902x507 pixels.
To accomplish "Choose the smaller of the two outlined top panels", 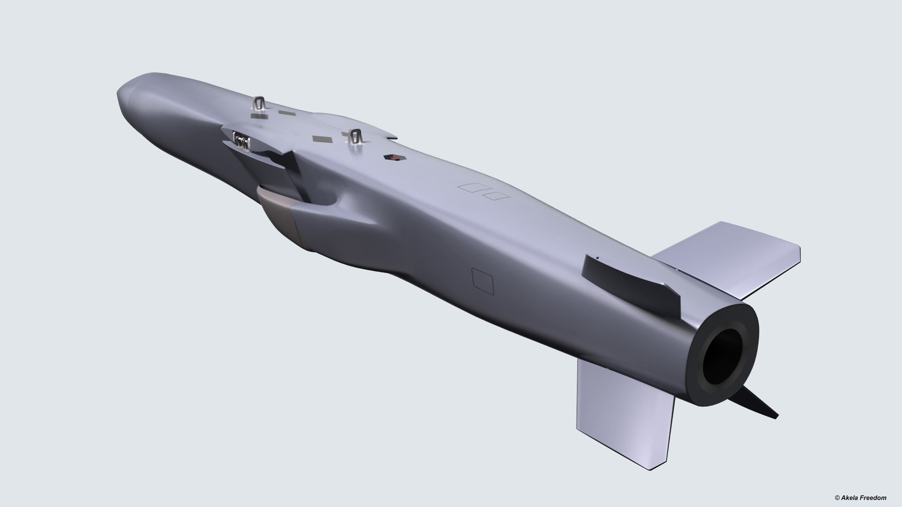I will click(x=496, y=195).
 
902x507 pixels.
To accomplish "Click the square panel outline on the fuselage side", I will click(x=483, y=280).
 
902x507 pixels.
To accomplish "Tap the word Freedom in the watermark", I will click(x=872, y=497).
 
